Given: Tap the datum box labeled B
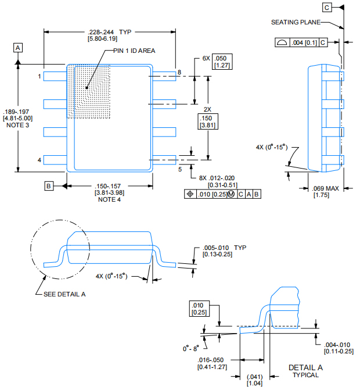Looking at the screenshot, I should [x=49, y=186].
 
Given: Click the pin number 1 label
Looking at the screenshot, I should [x=39, y=76].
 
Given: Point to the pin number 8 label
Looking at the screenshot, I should [x=179, y=72].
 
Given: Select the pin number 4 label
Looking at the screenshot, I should [x=39, y=160].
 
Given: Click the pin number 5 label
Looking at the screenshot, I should [x=180, y=169].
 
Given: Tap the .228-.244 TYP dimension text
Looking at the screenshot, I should [x=110, y=31].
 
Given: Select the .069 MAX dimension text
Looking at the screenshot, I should [x=325, y=189].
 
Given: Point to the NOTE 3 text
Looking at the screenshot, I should [x=17, y=126].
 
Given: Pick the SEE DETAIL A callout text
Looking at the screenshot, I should [x=64, y=294].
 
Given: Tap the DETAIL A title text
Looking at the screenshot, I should [x=305, y=368].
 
